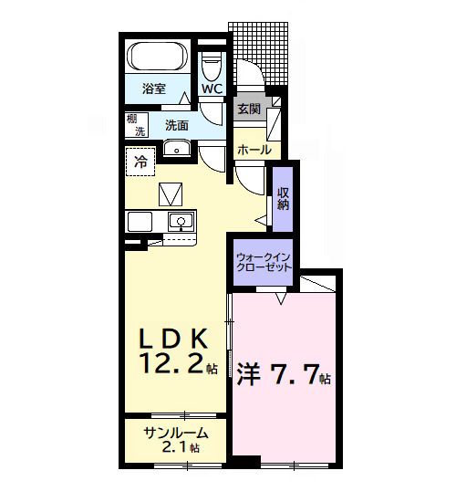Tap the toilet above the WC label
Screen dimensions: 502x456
click(212, 66)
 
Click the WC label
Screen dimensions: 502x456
click(212, 89)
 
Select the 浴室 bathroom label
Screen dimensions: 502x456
click(154, 89)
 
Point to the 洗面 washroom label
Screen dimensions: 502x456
click(177, 124)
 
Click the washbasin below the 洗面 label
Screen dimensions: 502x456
click(176, 150)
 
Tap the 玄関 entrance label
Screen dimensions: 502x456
click(249, 109)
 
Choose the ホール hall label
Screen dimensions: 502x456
click(253, 149)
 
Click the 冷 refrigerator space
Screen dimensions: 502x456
click(140, 162)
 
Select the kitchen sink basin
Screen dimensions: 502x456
click(181, 221)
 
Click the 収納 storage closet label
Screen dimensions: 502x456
click(284, 198)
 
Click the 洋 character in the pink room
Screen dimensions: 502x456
click(249, 374)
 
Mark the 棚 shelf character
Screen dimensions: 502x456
click(133, 120)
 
